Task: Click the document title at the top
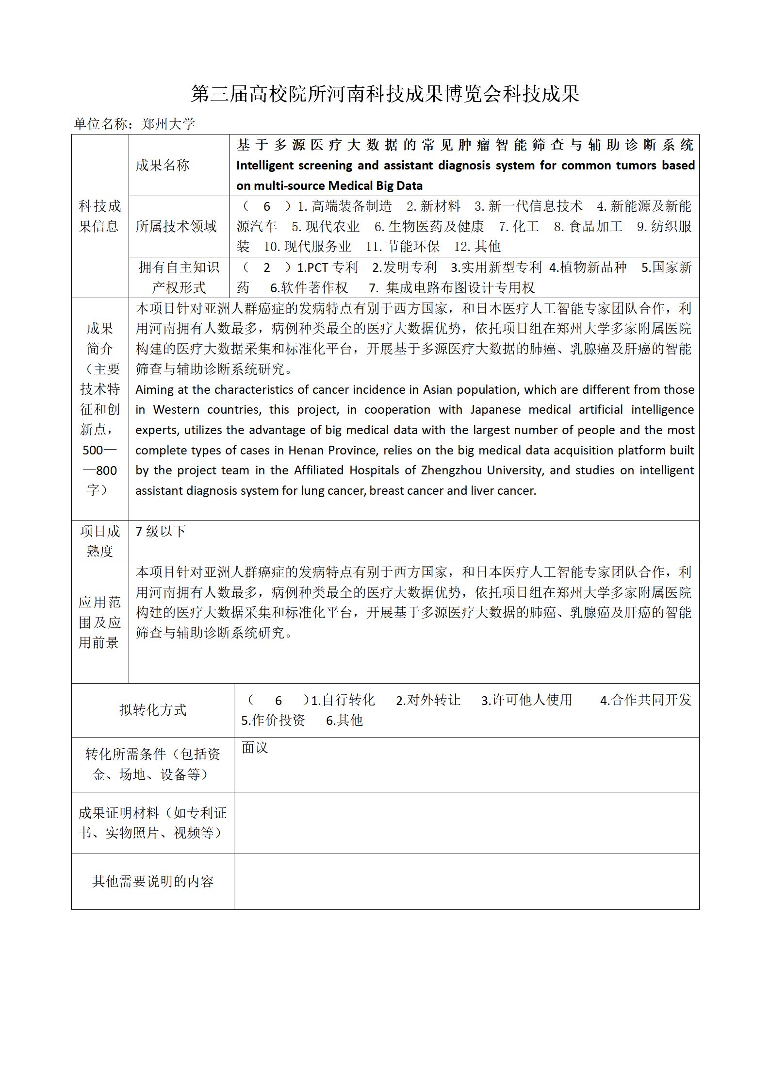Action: pos(385,94)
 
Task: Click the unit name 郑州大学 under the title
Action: pos(168,124)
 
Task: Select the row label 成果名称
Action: pos(162,166)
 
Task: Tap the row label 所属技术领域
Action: pos(176,226)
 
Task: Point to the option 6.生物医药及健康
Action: pos(429,226)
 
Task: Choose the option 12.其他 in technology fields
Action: pos(477,247)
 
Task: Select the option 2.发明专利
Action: pos(404,268)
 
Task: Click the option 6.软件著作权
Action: pos(309,288)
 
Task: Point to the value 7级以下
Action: pos(161,531)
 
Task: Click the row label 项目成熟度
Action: pos(99,541)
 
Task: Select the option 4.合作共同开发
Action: pos(645,700)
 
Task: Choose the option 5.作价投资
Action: pos(273,721)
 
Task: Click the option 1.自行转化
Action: pos(343,700)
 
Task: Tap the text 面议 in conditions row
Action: pos(255,748)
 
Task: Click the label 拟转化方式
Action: pos(152,710)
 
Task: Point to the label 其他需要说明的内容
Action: pos(152,881)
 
